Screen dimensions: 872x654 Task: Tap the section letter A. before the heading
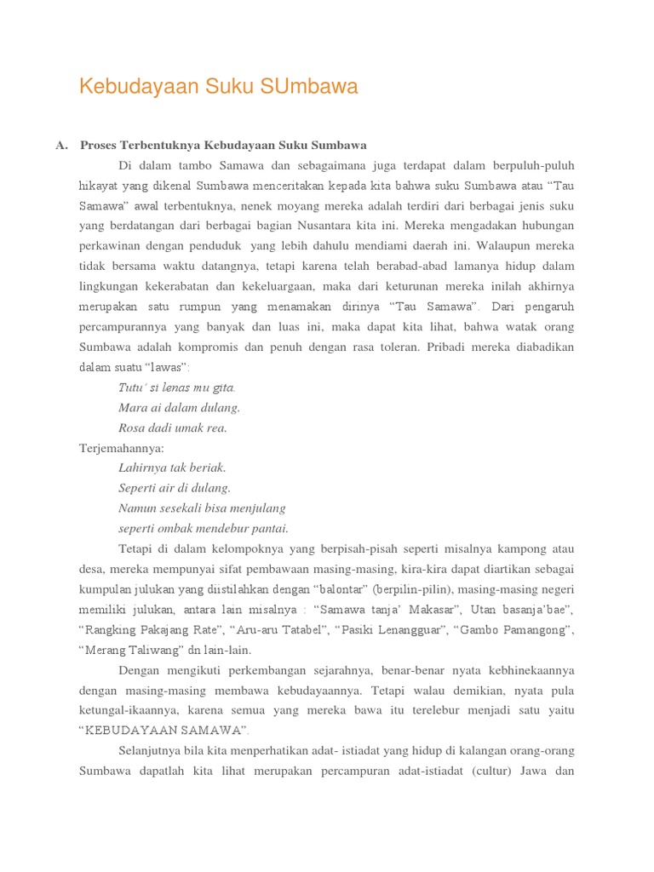pos(62,145)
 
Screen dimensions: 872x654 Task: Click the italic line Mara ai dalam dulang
pos(180,408)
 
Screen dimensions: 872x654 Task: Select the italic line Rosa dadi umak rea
pos(173,427)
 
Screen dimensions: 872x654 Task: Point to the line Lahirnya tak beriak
pos(173,468)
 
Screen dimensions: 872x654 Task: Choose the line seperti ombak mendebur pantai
pos(204,528)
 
